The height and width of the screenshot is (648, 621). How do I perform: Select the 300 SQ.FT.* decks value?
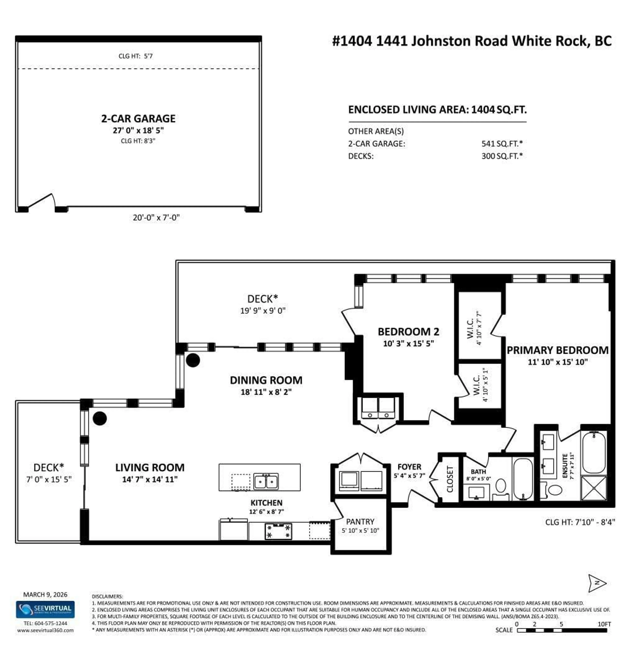[501, 156]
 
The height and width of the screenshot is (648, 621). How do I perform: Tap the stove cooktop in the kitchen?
[278, 531]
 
